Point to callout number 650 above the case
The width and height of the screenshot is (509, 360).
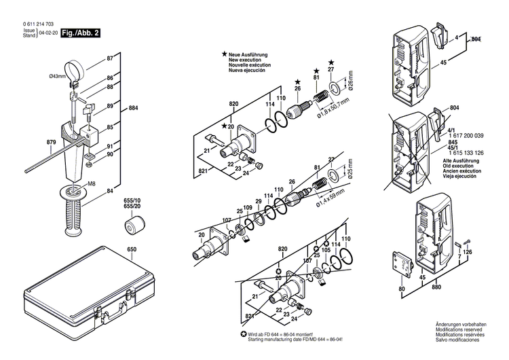click(131, 249)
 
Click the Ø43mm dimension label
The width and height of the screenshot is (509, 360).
click(57, 76)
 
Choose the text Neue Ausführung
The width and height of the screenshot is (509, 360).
click(249, 54)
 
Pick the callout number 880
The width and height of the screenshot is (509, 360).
click(435, 287)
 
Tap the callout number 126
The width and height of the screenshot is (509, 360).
click(468, 252)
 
